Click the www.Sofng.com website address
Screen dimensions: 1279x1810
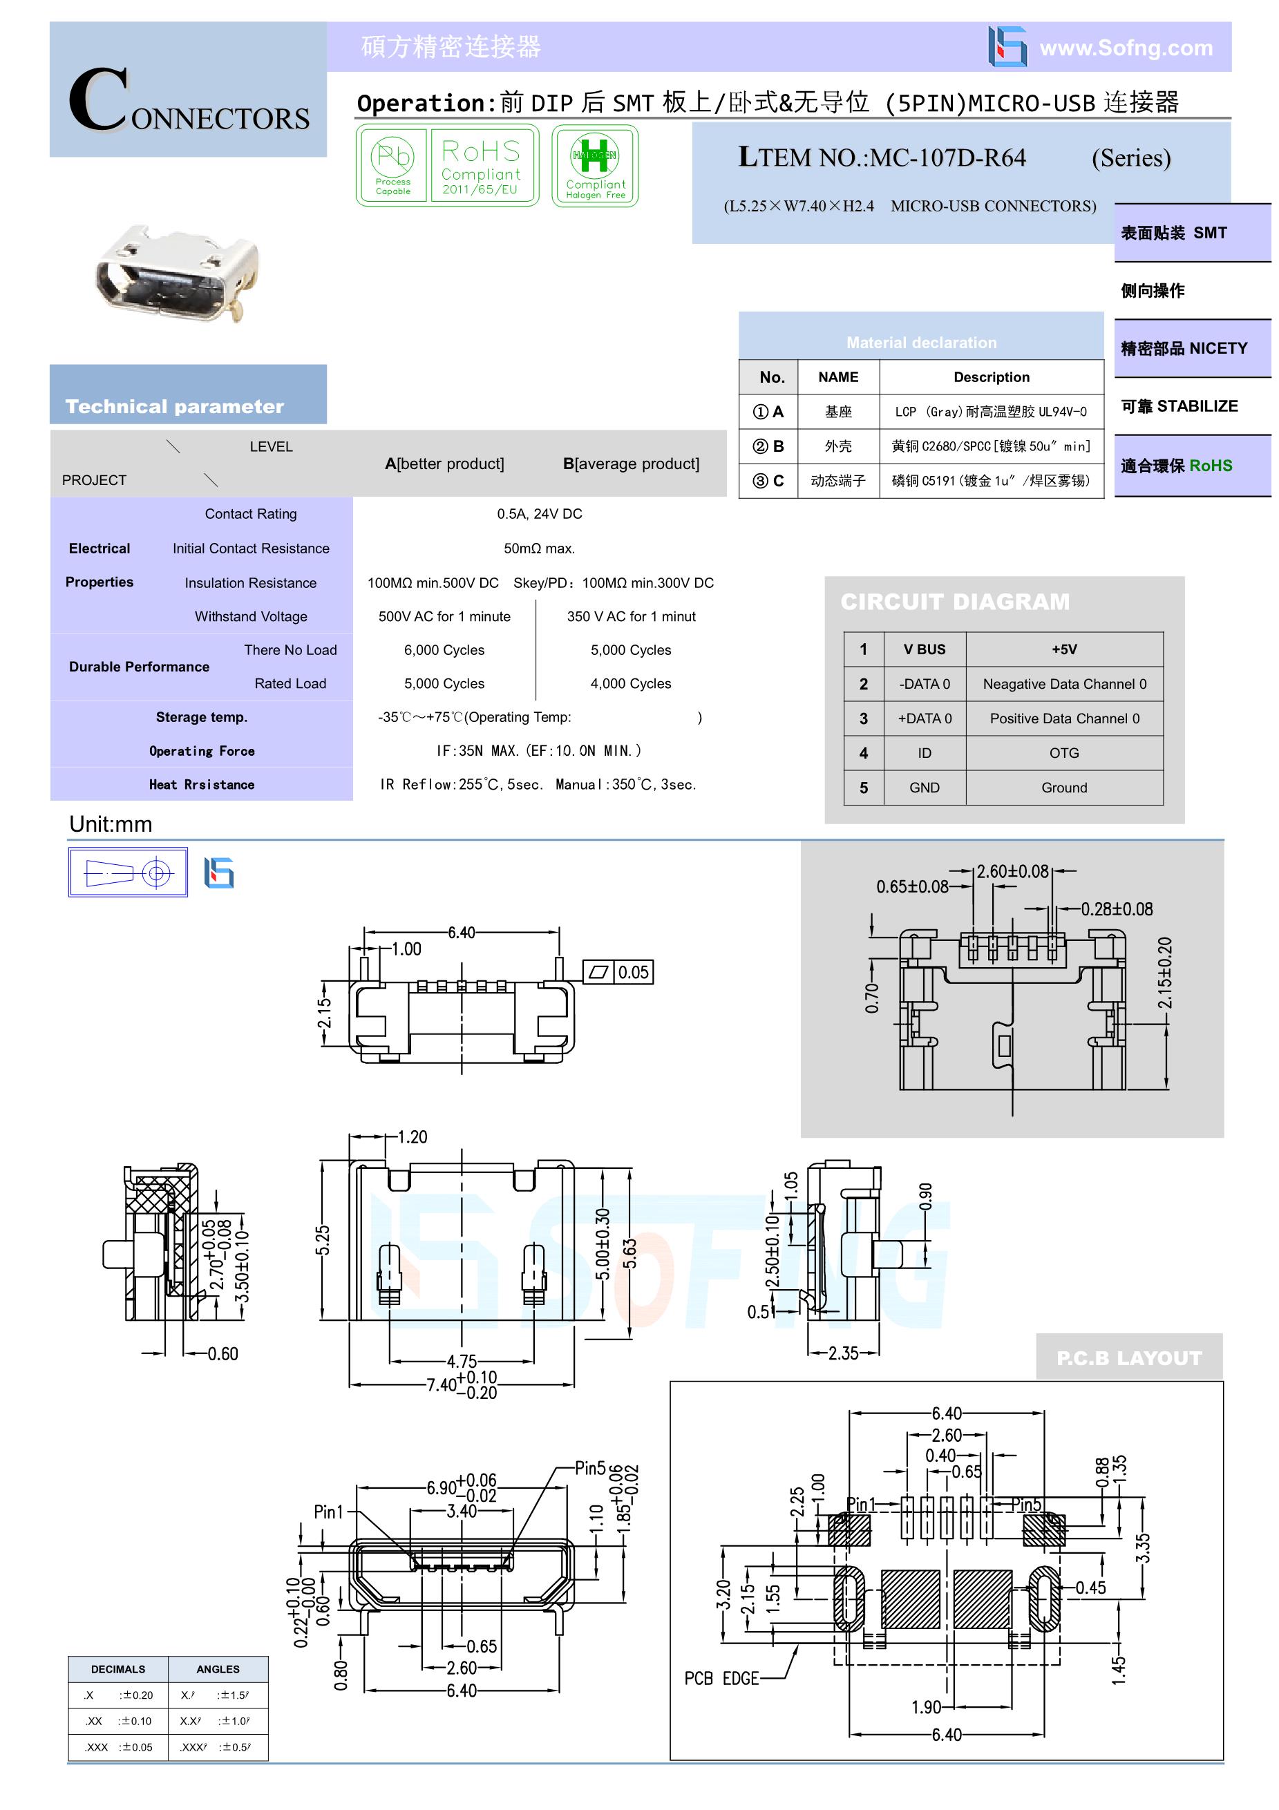click(x=1126, y=48)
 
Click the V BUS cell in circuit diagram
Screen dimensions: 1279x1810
click(x=924, y=649)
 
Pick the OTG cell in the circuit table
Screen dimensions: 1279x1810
click(x=1063, y=753)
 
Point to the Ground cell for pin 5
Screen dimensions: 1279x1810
click(x=1063, y=788)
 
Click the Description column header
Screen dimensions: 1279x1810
click(x=991, y=377)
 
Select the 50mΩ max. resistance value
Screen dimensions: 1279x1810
click(x=540, y=549)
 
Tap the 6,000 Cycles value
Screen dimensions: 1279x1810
click(x=444, y=650)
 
